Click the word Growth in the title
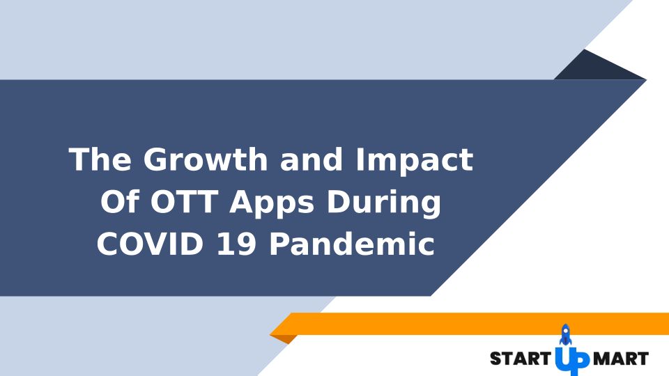coord(205,159)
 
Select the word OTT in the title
coord(184,202)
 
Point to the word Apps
coord(272,203)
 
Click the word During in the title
coord(383,203)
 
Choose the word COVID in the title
coord(151,244)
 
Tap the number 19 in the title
coord(236,244)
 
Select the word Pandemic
coord(352,244)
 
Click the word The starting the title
coord(100,159)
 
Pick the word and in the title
coord(312,159)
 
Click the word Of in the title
coord(120,201)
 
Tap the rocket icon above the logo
coord(565,335)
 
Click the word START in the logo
coord(521,359)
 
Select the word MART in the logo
coord(621,359)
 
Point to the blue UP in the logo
coord(572,361)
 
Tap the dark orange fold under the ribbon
coord(284,339)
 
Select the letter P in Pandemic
coord(279,244)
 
